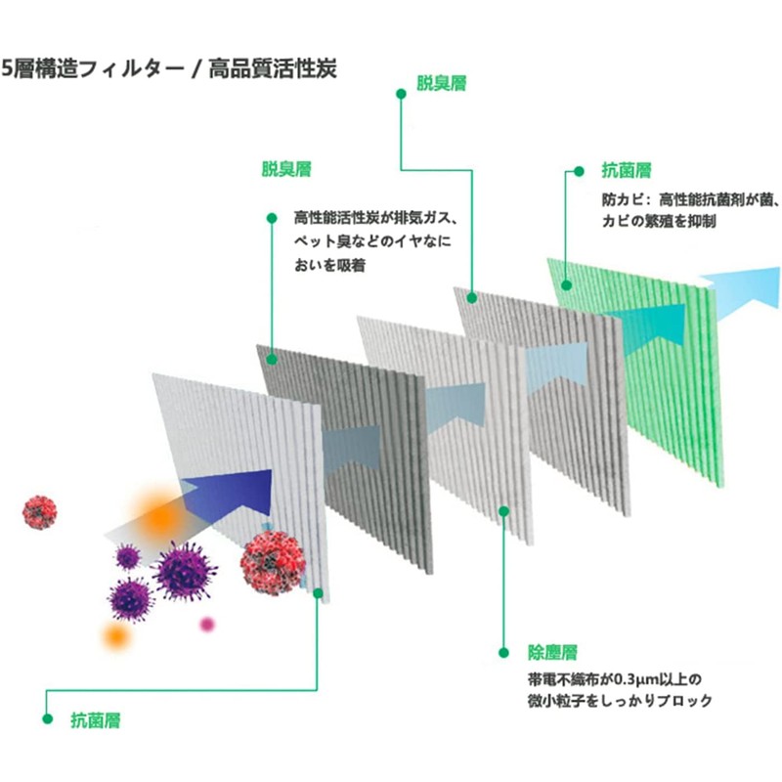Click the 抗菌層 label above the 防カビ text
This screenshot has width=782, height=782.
[626, 170]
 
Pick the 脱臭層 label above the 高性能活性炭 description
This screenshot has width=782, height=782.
[286, 170]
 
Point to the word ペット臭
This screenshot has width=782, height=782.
[326, 241]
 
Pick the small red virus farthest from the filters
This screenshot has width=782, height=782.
[40, 509]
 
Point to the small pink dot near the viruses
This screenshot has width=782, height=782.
[206, 624]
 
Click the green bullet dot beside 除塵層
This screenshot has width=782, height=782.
[504, 650]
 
